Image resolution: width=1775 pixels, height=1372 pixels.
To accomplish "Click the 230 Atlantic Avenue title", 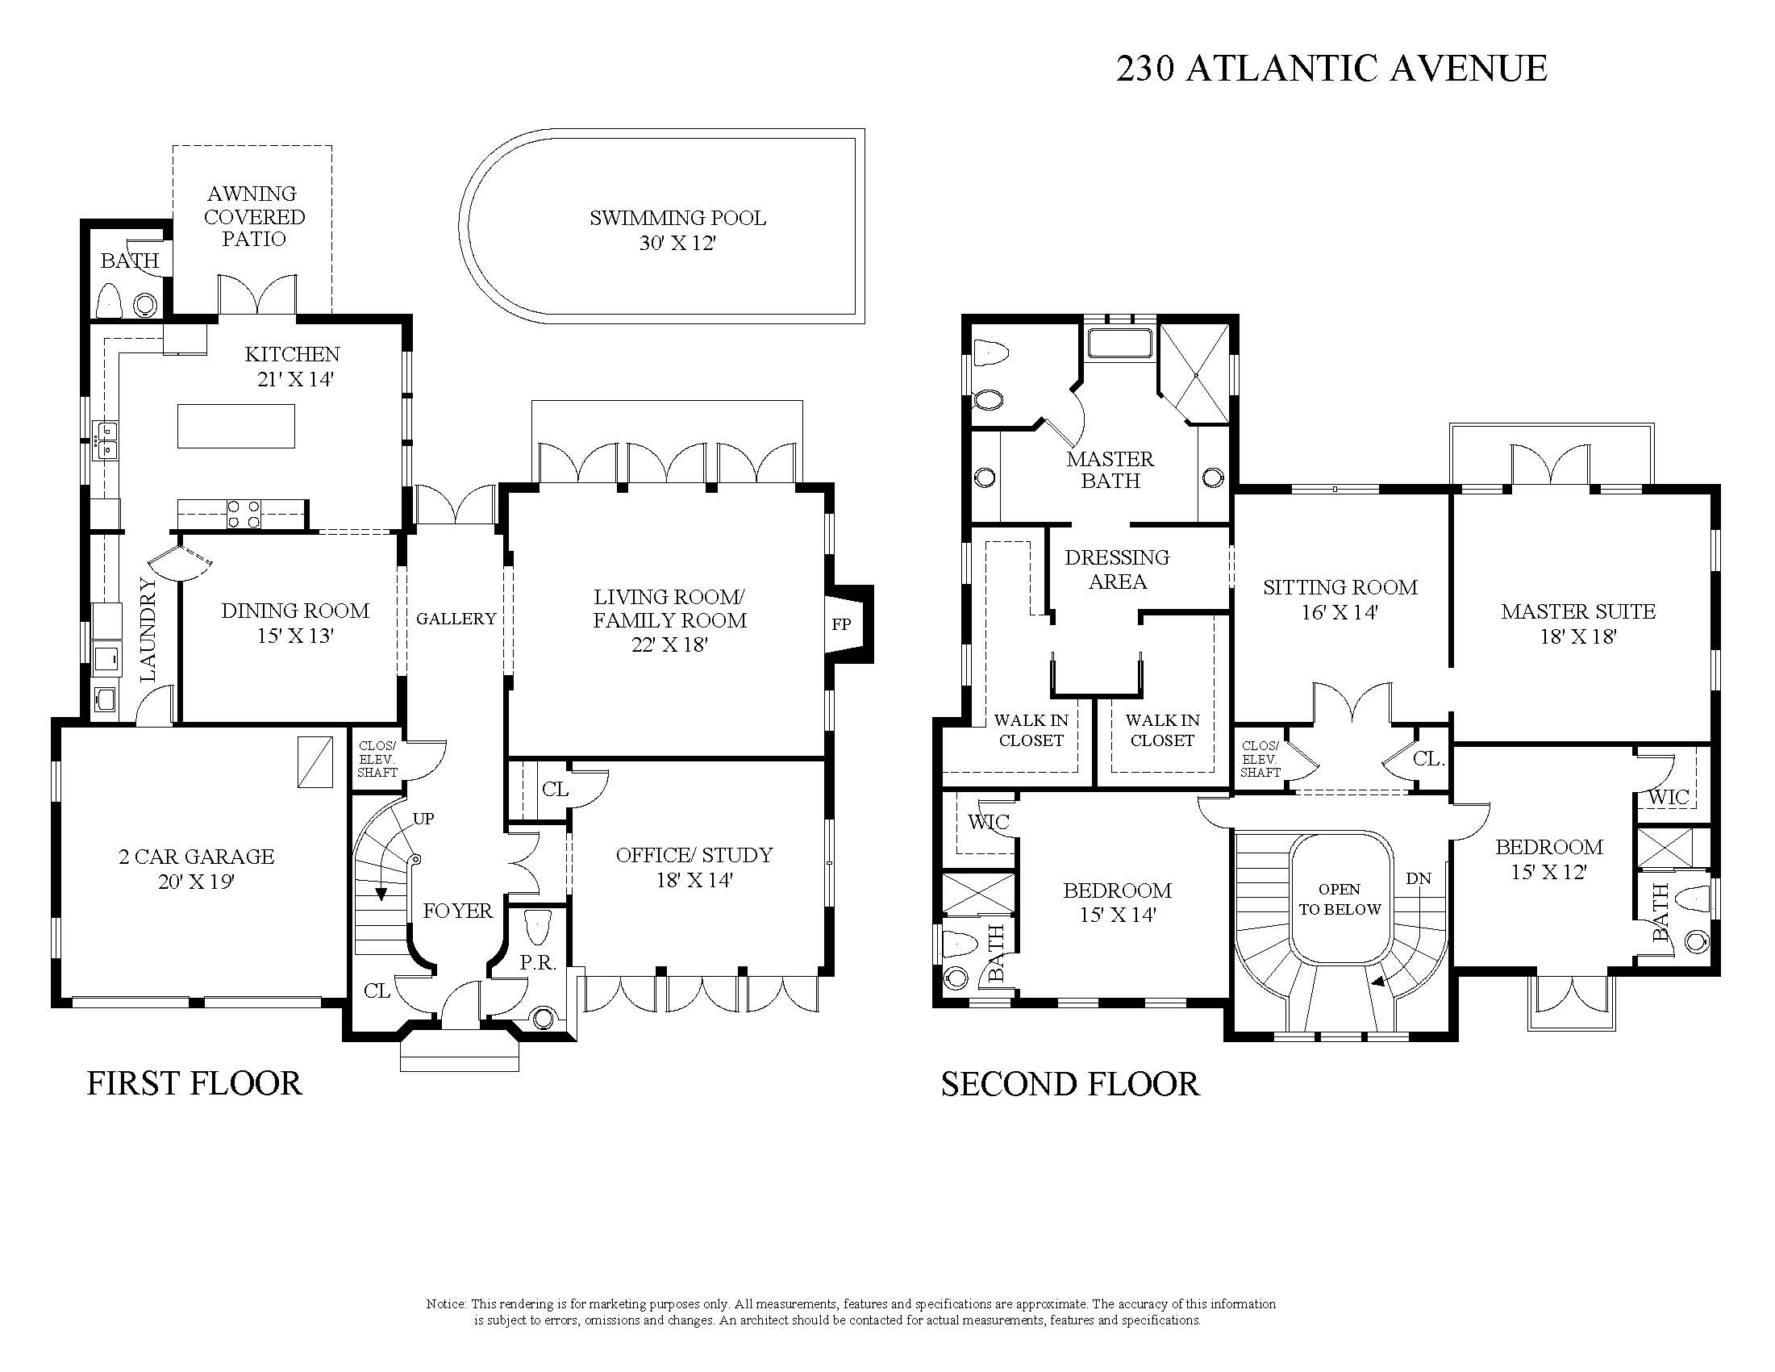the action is coord(1331,69).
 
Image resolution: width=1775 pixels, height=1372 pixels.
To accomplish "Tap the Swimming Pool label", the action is coord(677,218).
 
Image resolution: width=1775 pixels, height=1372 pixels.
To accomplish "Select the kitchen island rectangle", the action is coord(235,426).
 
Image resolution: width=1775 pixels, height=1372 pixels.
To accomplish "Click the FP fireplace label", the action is coord(841,623).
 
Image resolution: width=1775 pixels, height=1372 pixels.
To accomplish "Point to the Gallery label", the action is coord(456,619).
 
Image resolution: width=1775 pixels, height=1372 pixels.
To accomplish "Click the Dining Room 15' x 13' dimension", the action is coord(295,636).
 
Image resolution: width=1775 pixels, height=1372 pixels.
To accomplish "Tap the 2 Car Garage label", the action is coord(197,856).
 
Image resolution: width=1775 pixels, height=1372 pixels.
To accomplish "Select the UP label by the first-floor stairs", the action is coord(423,819).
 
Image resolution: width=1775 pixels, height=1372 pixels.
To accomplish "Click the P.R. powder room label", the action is coord(538,963).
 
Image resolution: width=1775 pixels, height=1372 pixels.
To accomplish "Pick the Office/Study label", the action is coord(694,854).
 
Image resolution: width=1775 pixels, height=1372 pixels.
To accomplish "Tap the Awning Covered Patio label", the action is coord(254,216).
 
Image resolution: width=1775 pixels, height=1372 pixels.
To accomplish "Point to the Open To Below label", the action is coord(1340,899).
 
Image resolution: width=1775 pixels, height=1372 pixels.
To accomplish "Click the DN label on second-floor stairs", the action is coord(1419,878).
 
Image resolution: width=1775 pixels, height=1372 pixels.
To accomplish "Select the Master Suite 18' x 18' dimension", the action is coord(1577,636).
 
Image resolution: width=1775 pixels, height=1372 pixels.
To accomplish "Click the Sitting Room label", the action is coord(1340,587).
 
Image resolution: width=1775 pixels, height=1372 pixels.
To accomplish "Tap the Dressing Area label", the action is coord(1118,569).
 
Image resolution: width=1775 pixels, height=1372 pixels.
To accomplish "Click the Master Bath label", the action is coord(1110,469).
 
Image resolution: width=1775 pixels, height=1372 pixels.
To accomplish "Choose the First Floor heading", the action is coord(194,1083).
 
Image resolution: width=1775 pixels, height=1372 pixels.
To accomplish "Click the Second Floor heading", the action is coord(1070,1084).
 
